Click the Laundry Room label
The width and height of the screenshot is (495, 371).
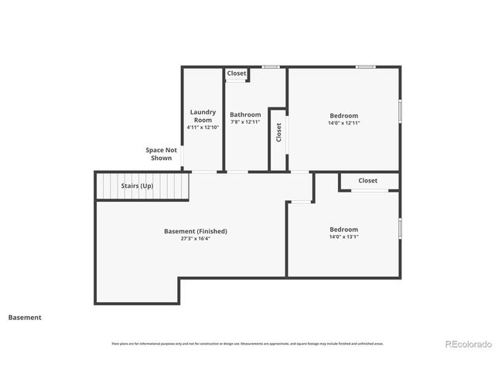coord(203,116)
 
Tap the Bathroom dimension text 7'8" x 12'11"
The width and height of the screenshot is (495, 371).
coord(245,122)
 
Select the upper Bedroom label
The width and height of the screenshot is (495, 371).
coord(343,115)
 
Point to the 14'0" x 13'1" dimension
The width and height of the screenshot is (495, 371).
coord(344,237)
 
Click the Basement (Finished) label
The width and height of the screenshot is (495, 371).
coord(196,231)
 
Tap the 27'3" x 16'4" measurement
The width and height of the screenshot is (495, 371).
coord(196,239)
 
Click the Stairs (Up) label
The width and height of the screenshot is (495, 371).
coord(137,185)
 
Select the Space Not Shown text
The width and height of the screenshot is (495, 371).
coord(161,154)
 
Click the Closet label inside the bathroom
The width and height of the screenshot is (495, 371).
coord(237,73)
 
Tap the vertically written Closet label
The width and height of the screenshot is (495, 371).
coord(278,132)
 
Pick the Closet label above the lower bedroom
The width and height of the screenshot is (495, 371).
coord(367,181)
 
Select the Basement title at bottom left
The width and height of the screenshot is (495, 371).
coord(25,317)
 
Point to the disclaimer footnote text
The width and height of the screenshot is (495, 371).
coord(247,343)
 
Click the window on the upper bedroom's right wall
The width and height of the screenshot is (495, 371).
coord(400,110)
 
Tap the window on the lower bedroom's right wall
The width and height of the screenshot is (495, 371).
coord(400,228)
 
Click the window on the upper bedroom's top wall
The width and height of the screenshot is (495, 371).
coord(366,67)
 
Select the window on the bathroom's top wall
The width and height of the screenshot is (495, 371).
coord(271,67)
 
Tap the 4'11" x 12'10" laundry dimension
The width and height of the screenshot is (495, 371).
coord(203,128)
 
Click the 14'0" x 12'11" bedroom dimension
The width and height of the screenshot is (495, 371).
coord(344,122)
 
